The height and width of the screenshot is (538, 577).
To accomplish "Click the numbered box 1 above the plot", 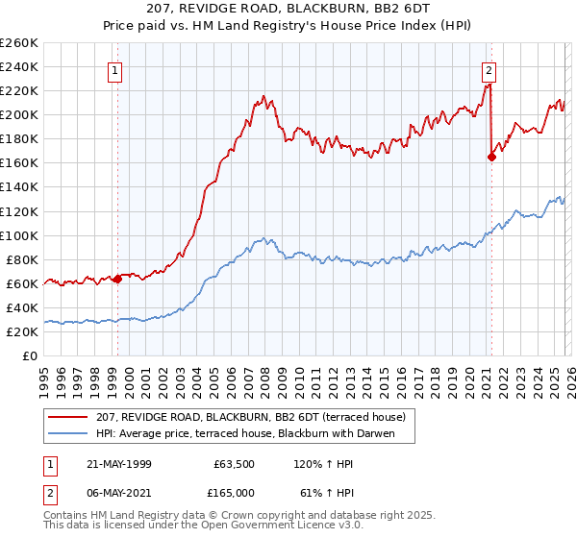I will (x=115, y=69).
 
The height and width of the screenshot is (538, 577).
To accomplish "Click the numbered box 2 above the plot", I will (x=489, y=69).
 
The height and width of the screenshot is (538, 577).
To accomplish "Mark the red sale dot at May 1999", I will (x=117, y=280).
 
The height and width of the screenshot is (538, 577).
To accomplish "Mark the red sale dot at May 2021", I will (x=491, y=158).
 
